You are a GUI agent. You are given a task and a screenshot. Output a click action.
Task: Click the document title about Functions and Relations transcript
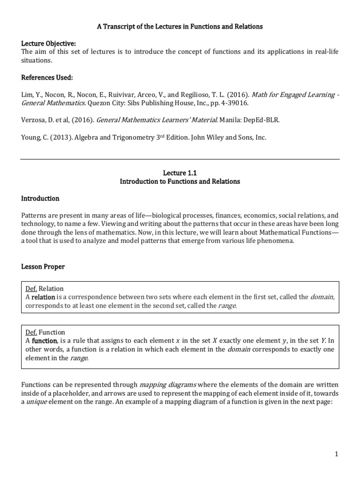[x=180, y=27]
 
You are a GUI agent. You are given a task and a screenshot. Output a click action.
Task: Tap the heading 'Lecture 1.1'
[x=180, y=173]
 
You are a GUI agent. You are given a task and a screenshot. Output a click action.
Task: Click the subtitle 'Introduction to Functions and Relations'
[x=180, y=181]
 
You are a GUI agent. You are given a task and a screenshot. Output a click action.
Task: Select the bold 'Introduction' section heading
[x=40, y=198]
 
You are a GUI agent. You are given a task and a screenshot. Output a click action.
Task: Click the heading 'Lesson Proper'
[x=43, y=267]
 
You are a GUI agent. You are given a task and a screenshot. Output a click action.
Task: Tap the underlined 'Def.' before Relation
[x=31, y=289]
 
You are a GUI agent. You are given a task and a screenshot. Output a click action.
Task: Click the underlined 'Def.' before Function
[x=31, y=332]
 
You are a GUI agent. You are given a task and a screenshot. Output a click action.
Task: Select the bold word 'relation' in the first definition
[x=43, y=297]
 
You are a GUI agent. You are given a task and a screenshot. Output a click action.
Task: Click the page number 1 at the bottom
[x=337, y=454]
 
